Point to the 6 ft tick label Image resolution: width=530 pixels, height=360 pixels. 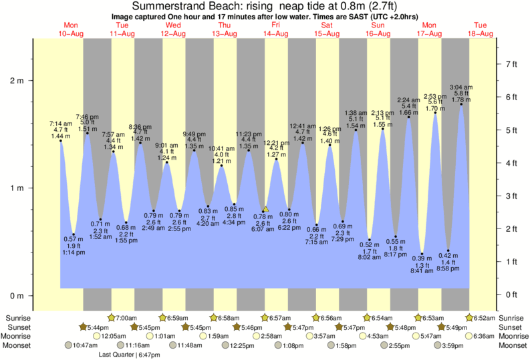tap(511, 97)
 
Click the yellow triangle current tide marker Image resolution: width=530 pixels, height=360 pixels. tap(265, 209)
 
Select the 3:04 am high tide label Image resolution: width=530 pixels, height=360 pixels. tap(461, 87)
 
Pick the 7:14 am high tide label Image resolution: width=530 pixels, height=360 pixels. tap(60, 124)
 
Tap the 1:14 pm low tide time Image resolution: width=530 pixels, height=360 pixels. tap(74, 253)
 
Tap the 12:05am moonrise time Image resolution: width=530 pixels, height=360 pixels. tap(114, 336)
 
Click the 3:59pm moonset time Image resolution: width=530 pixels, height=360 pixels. tap(454, 345)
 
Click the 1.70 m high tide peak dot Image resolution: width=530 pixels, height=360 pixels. tap(435, 113)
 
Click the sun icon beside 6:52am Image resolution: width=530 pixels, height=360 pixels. tap(470, 317)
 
